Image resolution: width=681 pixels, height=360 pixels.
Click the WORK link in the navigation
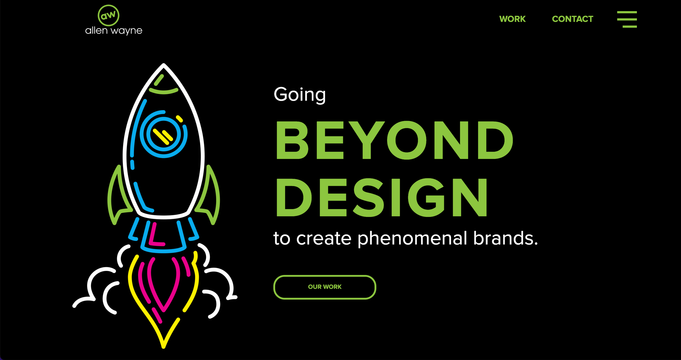512,19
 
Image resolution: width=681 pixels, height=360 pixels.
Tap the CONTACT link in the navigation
572,19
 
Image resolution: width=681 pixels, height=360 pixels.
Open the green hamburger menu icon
627,19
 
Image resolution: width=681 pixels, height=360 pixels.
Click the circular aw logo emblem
108,16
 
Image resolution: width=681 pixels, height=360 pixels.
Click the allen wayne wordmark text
114,31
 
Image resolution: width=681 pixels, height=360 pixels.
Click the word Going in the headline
300,95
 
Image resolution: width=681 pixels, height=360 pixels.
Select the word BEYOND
394,140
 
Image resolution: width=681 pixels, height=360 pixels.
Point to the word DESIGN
381,198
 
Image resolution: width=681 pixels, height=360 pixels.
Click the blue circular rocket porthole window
163,134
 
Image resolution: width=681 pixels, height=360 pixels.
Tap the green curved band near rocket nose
163,92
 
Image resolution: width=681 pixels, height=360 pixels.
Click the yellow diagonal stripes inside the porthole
163,136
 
